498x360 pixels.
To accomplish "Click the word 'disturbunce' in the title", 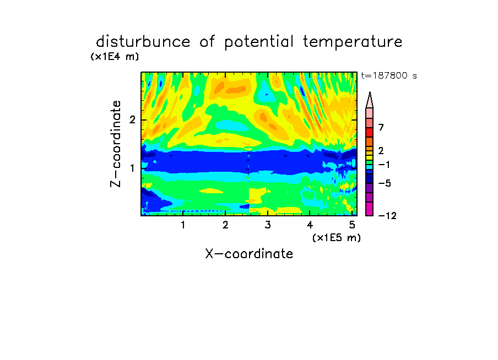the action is (x=143, y=42).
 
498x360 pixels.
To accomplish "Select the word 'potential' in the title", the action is (x=259, y=42).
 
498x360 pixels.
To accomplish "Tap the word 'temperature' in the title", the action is (x=353, y=42).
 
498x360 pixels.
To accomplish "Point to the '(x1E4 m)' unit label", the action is (x=115, y=57).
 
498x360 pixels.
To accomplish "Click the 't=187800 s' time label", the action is (x=389, y=75).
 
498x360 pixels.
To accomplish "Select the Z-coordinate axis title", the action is (x=116, y=144).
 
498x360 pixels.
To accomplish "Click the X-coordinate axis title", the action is (x=249, y=254).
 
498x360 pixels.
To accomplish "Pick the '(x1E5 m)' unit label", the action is (x=337, y=238).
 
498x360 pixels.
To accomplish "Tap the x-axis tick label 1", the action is (x=183, y=225).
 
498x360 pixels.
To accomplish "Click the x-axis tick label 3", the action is (x=268, y=225).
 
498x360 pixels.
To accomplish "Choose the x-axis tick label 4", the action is (x=310, y=225).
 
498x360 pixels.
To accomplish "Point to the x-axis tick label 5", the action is (x=352, y=225).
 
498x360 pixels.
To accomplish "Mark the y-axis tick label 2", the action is (x=132, y=120).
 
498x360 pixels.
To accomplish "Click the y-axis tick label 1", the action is (x=132, y=168).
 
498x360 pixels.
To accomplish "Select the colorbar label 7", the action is (x=381, y=127).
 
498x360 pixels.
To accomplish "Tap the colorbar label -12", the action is (x=387, y=216).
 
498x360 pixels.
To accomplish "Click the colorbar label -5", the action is (x=385, y=183).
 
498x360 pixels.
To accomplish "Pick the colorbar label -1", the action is (x=384, y=165).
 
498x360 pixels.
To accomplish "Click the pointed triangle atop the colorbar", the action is (x=370, y=100).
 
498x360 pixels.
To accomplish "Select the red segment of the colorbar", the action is (x=370, y=132).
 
